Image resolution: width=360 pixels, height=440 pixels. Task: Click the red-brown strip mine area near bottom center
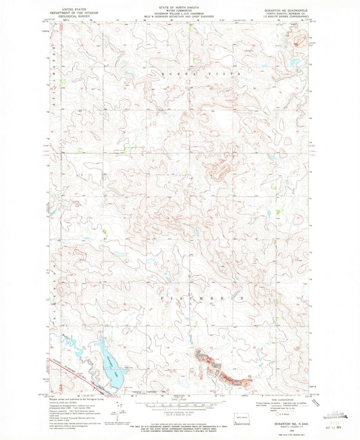[x=220, y=370]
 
